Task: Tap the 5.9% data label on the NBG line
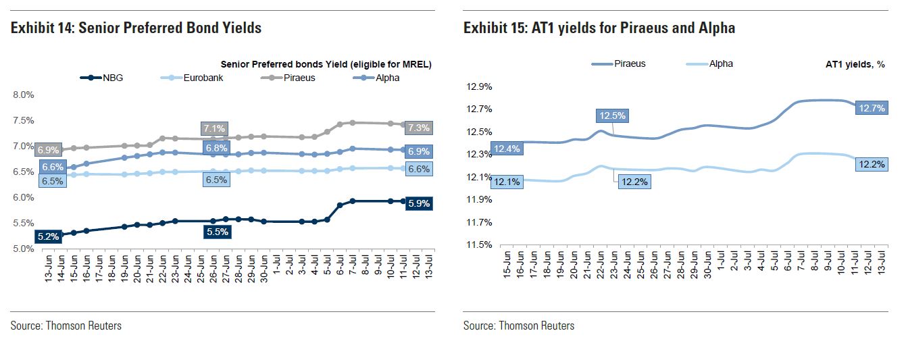pos(418,202)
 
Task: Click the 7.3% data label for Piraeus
pos(418,128)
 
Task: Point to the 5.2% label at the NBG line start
pos(49,236)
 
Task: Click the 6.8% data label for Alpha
pos(216,147)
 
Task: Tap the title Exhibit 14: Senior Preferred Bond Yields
pos(136,28)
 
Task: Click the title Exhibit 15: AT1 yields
pos(599,28)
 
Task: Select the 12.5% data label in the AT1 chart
pos(611,115)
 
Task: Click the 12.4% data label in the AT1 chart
pos(506,148)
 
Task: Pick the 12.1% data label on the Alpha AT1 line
pos(506,180)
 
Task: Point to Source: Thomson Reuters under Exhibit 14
pos(66,326)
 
